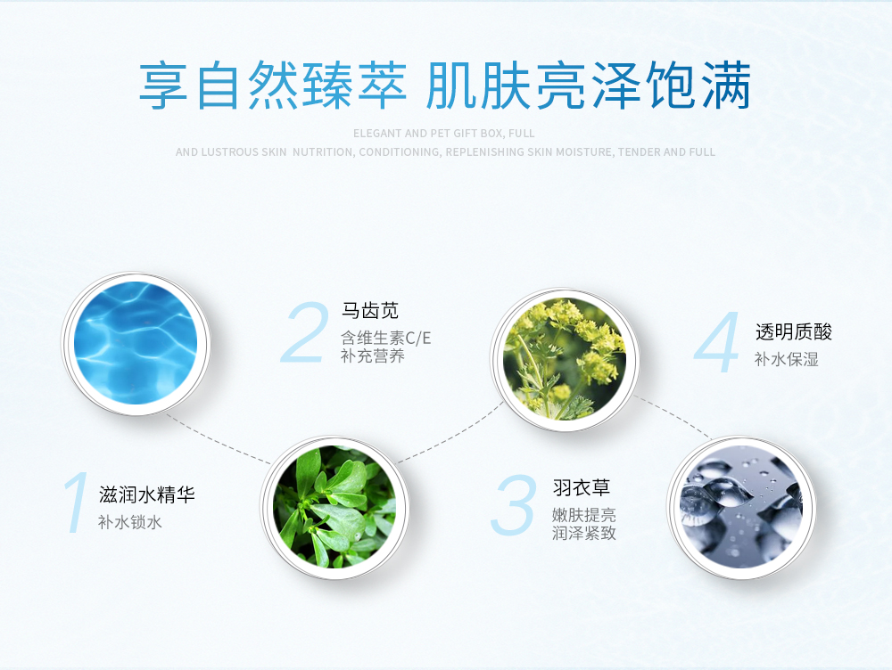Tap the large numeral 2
click(x=305, y=332)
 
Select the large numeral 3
click(x=513, y=505)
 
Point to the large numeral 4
click(x=717, y=342)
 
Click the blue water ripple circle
click(x=136, y=343)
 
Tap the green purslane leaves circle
click(x=334, y=507)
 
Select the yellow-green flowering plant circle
click(x=565, y=359)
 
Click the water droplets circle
click(x=741, y=507)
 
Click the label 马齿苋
click(x=370, y=311)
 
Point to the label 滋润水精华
click(x=147, y=494)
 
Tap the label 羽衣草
click(x=581, y=487)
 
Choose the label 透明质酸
click(x=794, y=331)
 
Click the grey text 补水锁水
click(x=129, y=522)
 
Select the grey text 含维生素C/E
click(x=385, y=339)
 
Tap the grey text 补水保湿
click(x=786, y=359)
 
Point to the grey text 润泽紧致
click(x=583, y=533)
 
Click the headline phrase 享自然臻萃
click(x=273, y=86)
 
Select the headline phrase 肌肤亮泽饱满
click(x=589, y=86)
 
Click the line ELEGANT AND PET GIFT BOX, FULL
click(x=443, y=134)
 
